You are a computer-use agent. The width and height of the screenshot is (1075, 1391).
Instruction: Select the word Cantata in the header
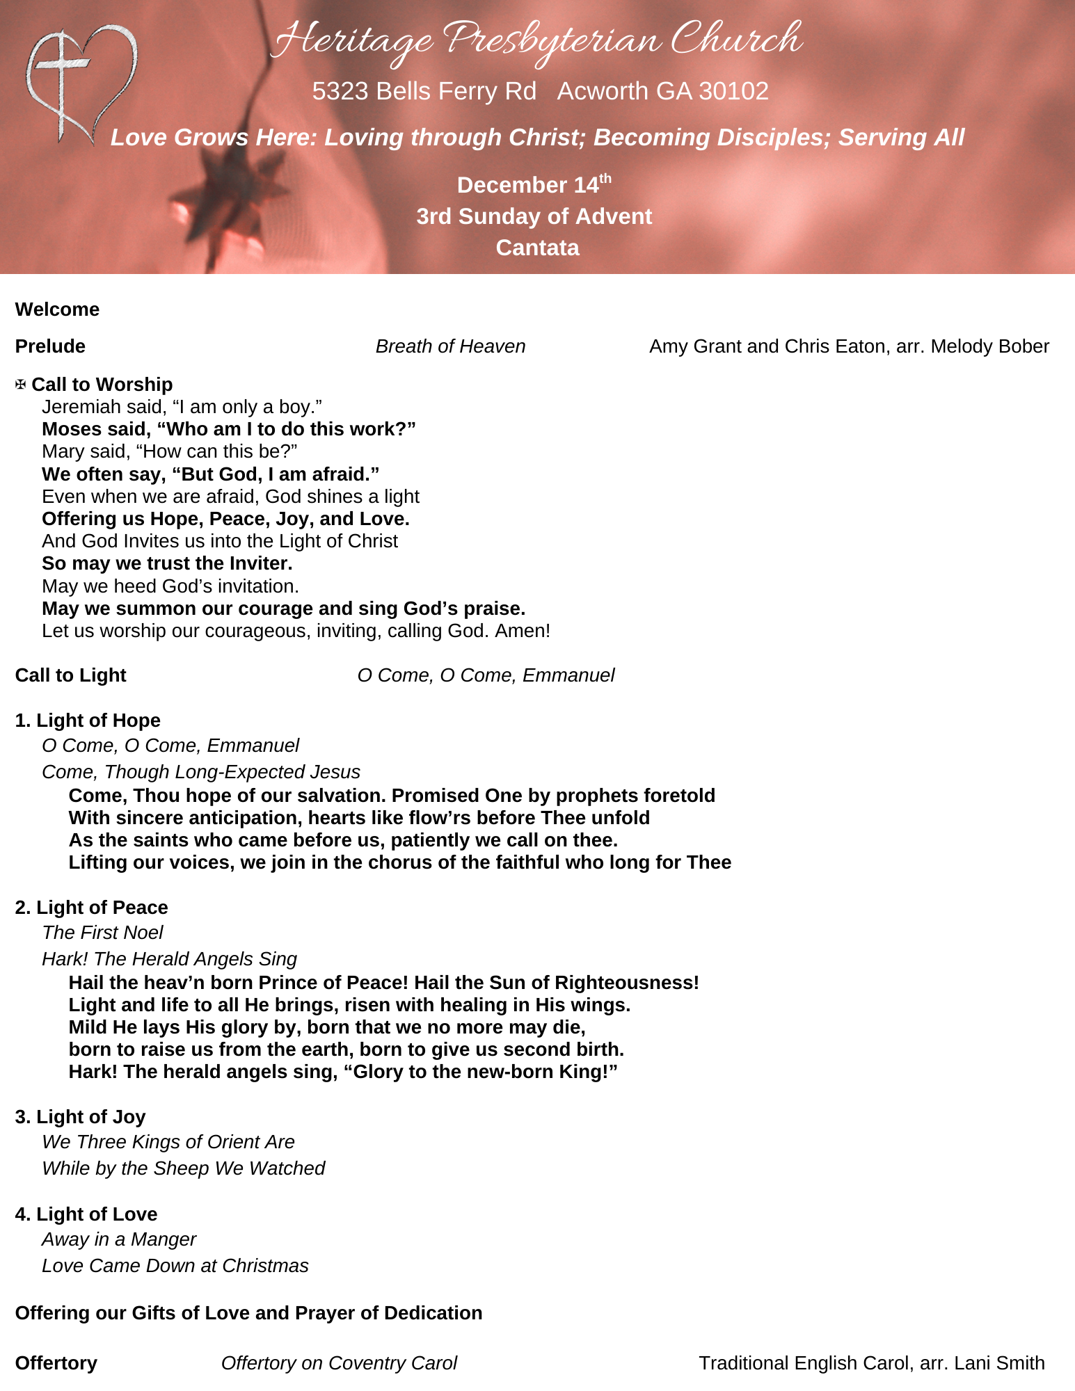tap(537, 248)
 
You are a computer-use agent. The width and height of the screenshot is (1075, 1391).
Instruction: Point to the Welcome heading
tap(57, 309)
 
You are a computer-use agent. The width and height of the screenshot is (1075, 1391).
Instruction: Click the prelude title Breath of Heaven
tap(450, 346)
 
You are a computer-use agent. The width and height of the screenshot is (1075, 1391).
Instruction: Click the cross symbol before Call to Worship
tap(21, 385)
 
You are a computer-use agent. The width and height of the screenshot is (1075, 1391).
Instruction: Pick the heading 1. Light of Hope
tap(88, 721)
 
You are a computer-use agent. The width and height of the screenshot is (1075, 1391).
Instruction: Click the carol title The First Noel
tap(102, 933)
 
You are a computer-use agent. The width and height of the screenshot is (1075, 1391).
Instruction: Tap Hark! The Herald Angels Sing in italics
tap(169, 959)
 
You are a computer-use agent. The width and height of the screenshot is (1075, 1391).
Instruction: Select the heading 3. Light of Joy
tap(80, 1117)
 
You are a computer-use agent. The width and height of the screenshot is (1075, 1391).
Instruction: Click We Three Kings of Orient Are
tap(168, 1142)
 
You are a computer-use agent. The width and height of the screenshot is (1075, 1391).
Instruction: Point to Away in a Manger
tap(119, 1239)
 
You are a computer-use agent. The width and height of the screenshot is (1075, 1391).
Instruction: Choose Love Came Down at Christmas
tap(175, 1266)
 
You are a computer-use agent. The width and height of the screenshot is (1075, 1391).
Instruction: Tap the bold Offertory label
tap(56, 1363)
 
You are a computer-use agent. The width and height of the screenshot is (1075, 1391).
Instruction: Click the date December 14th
tap(534, 185)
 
